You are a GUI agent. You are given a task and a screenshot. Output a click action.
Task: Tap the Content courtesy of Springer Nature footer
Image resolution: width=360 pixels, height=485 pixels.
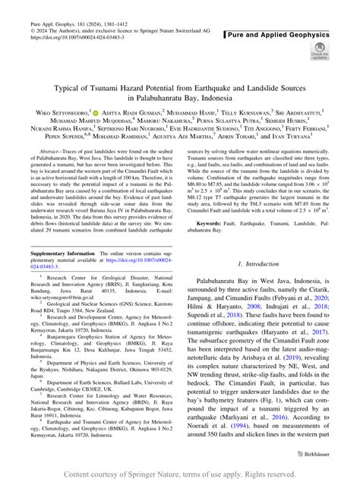179,475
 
